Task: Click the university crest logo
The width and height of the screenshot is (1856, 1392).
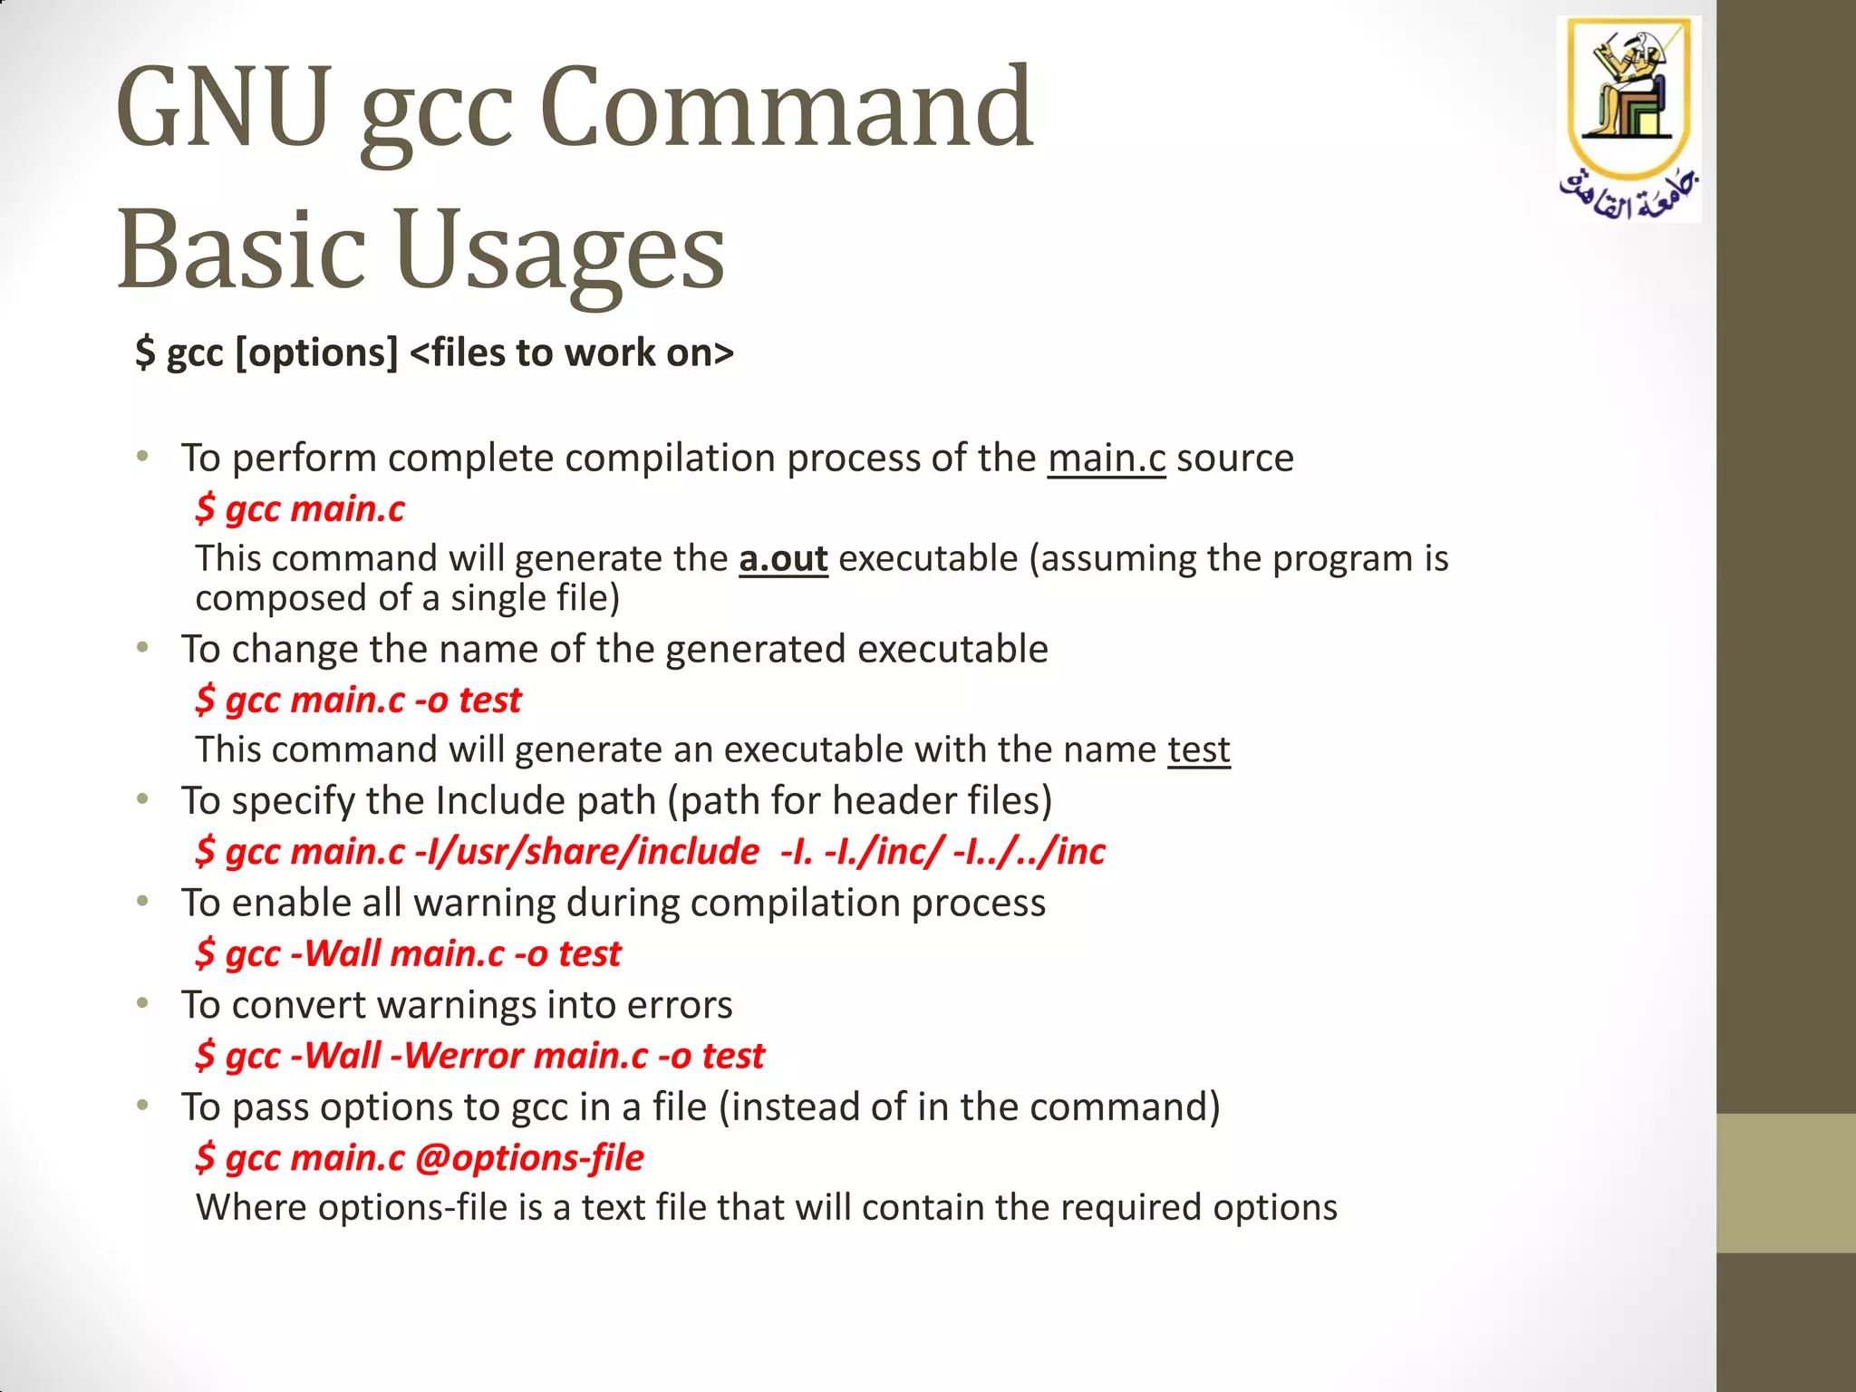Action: (x=1629, y=91)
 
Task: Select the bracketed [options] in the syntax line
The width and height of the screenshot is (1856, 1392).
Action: (x=316, y=353)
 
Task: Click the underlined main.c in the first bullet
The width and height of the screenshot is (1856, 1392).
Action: (x=1107, y=458)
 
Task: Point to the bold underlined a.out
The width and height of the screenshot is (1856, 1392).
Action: (x=783, y=558)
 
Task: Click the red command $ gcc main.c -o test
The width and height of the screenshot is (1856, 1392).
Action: (x=359, y=700)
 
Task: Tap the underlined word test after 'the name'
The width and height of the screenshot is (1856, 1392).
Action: (x=1198, y=749)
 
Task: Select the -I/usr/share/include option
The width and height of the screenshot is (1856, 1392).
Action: (x=586, y=852)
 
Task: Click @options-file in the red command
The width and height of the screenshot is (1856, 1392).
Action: (x=529, y=1158)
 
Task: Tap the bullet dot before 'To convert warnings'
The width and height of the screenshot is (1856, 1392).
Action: (x=142, y=1003)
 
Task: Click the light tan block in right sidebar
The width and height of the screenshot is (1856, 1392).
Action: (x=1785, y=1183)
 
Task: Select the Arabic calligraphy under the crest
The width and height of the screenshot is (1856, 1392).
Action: (x=1629, y=193)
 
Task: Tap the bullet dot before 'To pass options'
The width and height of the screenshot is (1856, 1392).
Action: (x=142, y=1105)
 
